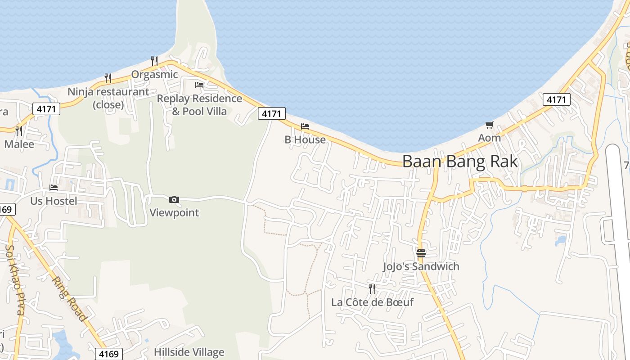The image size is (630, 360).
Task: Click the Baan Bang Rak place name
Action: coord(460,161)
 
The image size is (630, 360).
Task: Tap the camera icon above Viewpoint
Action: coord(174,199)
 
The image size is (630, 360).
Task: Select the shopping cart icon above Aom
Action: coord(489,125)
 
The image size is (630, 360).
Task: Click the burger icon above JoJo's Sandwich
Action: coord(421,253)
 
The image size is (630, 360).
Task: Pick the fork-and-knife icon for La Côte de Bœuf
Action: coord(372,288)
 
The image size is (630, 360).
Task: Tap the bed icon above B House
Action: coord(305,126)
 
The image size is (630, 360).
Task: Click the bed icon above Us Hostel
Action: coord(54,188)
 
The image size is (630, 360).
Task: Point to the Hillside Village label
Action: coord(189,352)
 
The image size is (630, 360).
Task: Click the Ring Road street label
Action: coord(69,298)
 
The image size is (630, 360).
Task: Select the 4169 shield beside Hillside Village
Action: coord(109,354)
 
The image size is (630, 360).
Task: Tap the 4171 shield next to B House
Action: coord(271,114)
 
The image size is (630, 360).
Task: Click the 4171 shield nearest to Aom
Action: coord(556,99)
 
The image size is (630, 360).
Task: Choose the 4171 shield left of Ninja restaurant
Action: coord(46,108)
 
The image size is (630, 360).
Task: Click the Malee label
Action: coord(19,144)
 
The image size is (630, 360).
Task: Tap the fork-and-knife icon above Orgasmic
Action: coord(154,61)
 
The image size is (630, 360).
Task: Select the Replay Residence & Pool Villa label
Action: coord(199,105)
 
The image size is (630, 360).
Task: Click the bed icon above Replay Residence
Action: coord(199,85)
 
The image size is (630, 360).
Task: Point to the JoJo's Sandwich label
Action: coord(421,266)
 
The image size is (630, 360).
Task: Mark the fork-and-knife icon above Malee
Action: coord(19,130)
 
